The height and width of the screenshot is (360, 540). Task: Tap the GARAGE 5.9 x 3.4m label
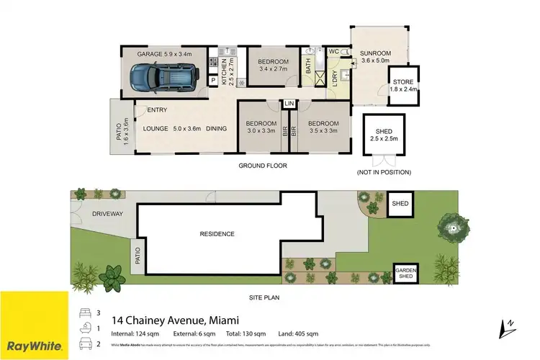165,53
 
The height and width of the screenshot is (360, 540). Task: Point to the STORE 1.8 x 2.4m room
402,86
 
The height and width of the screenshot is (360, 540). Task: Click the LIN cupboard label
289,104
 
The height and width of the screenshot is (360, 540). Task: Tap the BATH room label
308,67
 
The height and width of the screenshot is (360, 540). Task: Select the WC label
333,52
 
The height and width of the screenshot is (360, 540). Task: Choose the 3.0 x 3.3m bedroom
258,127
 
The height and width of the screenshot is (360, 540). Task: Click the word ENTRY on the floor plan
157,110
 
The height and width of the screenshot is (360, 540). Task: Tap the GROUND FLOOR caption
263,166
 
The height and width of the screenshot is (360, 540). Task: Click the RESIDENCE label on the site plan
217,234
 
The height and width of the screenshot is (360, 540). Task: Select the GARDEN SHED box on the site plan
404,274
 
